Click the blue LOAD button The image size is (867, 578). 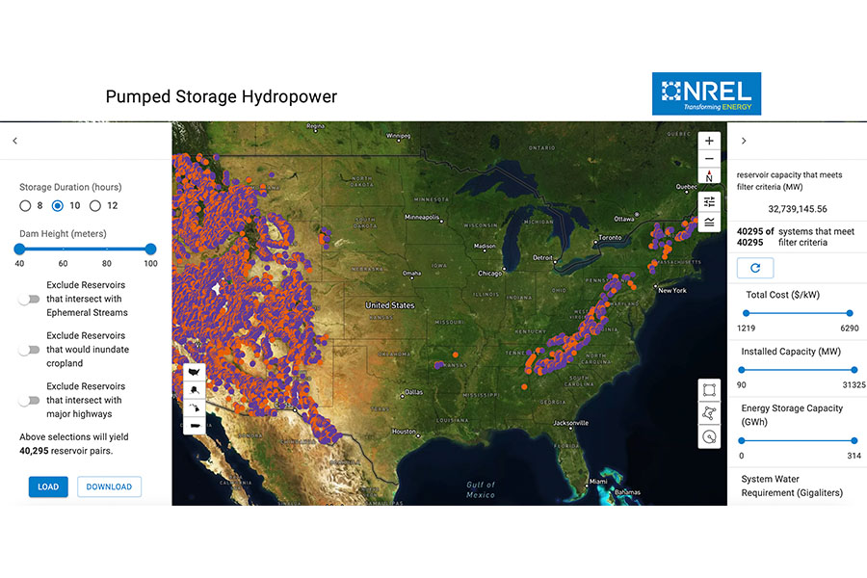point(48,486)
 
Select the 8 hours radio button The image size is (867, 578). point(25,205)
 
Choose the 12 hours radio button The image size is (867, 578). point(95,205)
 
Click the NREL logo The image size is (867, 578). point(706,93)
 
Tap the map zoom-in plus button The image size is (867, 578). point(710,141)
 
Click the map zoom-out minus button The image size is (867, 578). point(710,159)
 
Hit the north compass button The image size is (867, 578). point(710,177)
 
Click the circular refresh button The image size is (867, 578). point(754,268)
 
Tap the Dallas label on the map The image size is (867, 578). point(414,392)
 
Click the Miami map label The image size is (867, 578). point(599,481)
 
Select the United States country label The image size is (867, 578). point(389,305)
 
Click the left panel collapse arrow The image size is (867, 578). point(15,141)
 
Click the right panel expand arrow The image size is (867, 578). point(744,141)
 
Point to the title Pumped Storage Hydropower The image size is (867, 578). point(222,96)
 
